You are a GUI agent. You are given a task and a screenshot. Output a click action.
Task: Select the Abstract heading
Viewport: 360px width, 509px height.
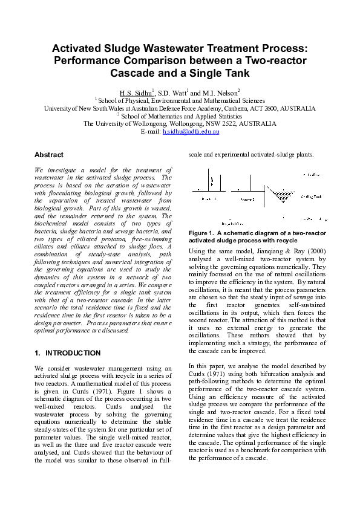click(x=49, y=155)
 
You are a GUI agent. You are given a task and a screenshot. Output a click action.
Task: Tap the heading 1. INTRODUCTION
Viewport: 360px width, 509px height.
click(x=68, y=352)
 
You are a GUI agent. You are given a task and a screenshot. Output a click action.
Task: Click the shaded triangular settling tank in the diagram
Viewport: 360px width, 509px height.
click(x=281, y=195)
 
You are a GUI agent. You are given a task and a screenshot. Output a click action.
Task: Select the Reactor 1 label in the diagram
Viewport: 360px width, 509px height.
click(x=209, y=198)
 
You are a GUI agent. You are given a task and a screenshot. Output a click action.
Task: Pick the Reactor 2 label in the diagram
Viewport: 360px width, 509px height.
click(x=247, y=198)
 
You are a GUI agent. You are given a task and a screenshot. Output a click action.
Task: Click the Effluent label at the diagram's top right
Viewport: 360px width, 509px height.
click(x=312, y=174)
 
